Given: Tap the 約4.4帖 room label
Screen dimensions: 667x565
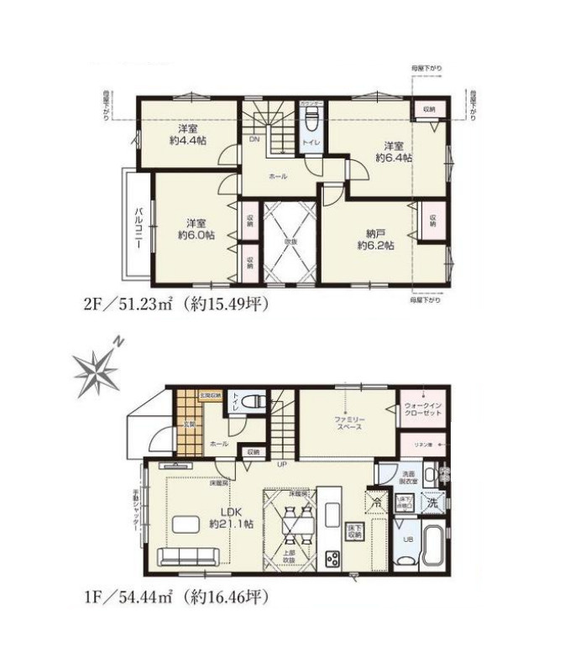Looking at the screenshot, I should click(186, 136).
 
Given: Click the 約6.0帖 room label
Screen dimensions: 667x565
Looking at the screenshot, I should click(196, 229).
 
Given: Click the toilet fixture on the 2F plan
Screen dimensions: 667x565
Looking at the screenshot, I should click(311, 124).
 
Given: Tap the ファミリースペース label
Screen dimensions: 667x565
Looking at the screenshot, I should click(348, 422).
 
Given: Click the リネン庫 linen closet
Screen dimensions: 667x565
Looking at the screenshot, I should click(422, 444).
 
